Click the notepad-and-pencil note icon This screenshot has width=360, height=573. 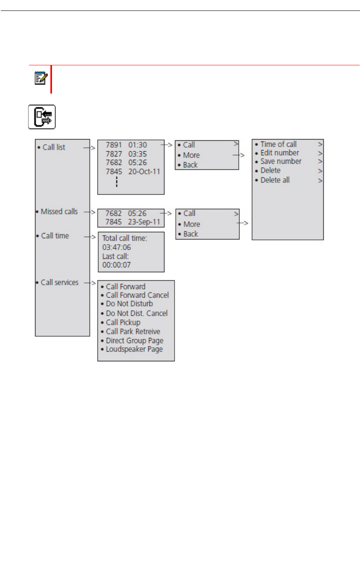coord(41,78)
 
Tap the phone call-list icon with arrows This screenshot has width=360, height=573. coord(42,117)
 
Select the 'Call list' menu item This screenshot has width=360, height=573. coord(54,147)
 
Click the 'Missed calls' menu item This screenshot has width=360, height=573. coord(59,212)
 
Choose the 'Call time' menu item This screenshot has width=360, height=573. coord(55,236)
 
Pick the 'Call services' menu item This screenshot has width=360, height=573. coord(59,283)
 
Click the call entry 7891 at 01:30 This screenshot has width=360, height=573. coord(126,145)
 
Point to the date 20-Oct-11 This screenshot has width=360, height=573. coord(144,172)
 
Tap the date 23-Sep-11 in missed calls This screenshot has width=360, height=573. coord(144,222)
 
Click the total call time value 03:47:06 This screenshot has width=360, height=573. coord(117,248)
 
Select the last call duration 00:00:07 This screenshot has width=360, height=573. coord(117,265)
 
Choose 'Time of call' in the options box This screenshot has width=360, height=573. coord(278,144)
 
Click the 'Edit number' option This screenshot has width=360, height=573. coord(279,153)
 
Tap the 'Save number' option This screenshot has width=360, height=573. coord(281,161)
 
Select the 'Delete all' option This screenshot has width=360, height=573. coord(275,180)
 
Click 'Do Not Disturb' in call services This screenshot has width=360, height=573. coord(129,304)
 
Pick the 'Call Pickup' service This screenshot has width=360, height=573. coord(123,323)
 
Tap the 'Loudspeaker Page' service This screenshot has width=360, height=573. coord(134,350)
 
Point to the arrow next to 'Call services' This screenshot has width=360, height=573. coord(89,283)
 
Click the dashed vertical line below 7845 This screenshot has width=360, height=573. coord(117,182)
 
